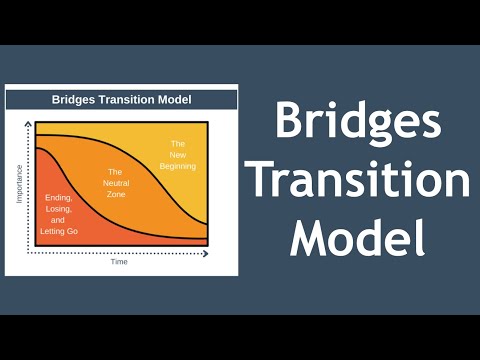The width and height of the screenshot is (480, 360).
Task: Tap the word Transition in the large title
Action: tap(357, 182)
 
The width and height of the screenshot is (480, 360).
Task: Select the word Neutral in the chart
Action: tap(118, 184)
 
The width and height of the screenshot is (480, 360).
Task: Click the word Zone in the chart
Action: tap(118, 195)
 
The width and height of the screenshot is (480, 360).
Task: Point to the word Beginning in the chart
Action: tap(178, 167)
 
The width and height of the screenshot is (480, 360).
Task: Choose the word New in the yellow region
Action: tap(178, 155)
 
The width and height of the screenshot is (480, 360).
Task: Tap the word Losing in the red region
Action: tap(58, 208)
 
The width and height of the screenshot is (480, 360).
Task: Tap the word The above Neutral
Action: tap(118, 172)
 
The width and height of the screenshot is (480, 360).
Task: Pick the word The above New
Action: tap(178, 143)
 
